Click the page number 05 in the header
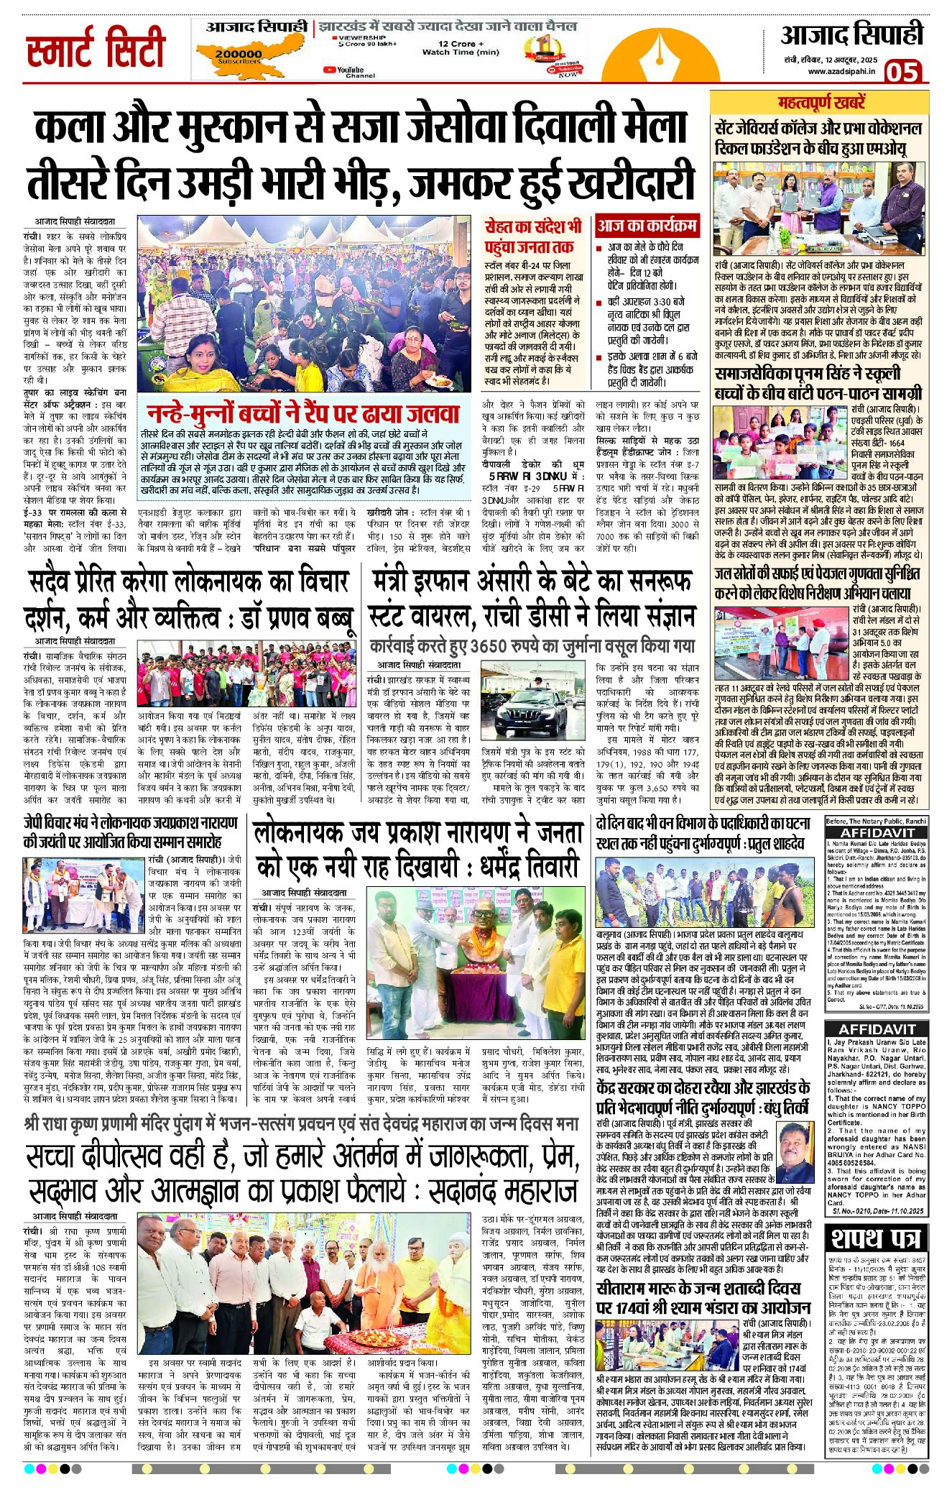[902, 72]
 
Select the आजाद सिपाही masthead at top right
[851, 35]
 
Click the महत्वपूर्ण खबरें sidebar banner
[821, 102]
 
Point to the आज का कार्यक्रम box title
[647, 226]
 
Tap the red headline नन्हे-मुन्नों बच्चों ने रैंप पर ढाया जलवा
[302, 413]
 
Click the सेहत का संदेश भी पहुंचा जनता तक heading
[532, 236]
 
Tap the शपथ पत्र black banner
[876, 1238]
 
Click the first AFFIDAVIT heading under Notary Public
[876, 832]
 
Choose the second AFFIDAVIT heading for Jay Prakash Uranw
[876, 1029]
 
